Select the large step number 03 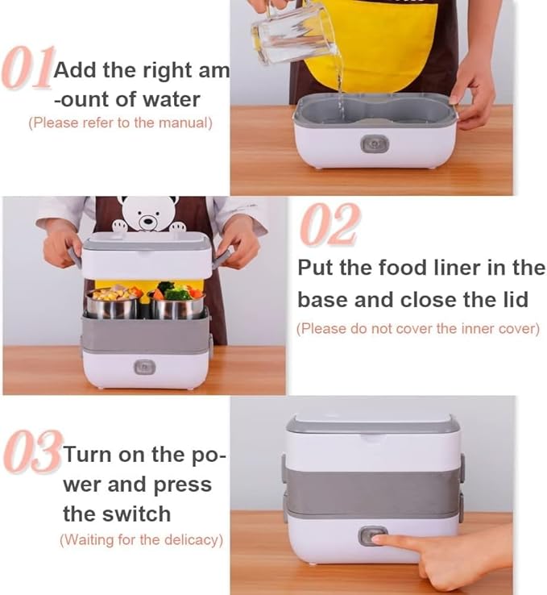31,454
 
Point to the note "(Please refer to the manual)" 120,123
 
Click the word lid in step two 511,299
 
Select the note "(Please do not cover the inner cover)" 417,329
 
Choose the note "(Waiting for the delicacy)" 141,540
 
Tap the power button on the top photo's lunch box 373,144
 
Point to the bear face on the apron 147,214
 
